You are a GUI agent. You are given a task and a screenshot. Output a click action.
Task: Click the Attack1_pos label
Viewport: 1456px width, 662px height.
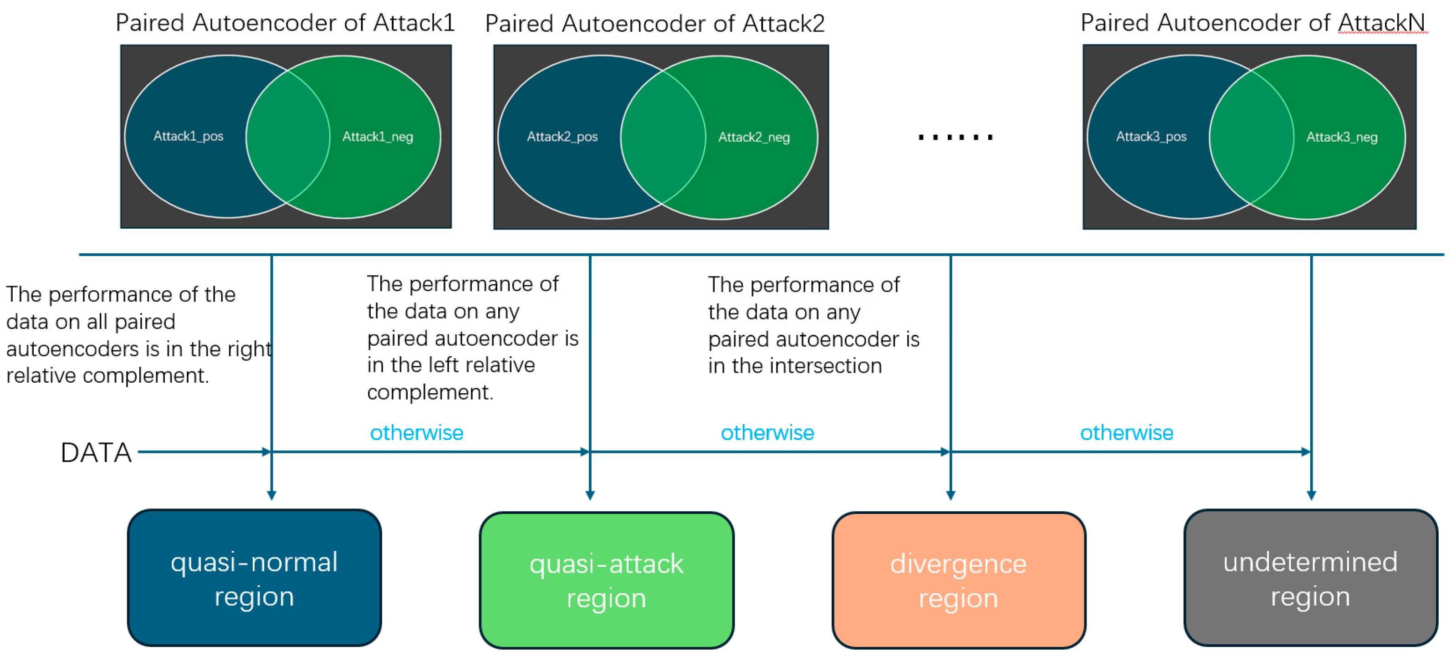(x=188, y=136)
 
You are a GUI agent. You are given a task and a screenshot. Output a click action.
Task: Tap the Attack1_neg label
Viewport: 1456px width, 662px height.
(x=378, y=137)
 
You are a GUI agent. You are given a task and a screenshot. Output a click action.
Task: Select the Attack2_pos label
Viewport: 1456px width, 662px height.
(x=562, y=137)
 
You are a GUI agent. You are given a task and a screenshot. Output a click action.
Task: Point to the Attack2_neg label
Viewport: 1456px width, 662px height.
(x=753, y=138)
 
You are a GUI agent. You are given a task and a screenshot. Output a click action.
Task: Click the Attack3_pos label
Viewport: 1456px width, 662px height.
(x=1151, y=137)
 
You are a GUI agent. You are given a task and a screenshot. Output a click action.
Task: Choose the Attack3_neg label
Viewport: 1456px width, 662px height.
(x=1341, y=138)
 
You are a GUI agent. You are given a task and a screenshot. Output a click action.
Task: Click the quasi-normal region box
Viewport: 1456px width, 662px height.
(x=254, y=578)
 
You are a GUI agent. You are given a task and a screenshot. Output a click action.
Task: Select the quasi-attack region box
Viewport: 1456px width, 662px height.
(x=607, y=580)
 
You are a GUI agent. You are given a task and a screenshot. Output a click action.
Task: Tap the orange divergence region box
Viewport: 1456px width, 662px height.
(x=959, y=580)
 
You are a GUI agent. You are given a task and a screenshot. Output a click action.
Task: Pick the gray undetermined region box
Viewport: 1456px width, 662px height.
(x=1310, y=578)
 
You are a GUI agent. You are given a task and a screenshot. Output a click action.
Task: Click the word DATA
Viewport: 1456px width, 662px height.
(x=96, y=453)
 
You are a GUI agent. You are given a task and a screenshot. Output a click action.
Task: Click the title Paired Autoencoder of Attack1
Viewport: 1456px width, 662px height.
(x=285, y=23)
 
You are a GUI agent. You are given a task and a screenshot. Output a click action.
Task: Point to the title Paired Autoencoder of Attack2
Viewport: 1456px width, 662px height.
(x=654, y=24)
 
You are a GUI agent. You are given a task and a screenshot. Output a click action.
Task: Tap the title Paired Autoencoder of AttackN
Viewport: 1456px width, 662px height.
(x=1252, y=23)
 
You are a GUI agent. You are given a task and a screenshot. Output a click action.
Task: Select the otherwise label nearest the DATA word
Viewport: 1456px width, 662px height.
(x=417, y=433)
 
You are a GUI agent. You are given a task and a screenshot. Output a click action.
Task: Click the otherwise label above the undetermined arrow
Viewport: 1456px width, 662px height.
(x=1126, y=433)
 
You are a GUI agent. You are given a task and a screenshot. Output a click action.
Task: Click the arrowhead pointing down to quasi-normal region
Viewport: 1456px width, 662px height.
(x=272, y=495)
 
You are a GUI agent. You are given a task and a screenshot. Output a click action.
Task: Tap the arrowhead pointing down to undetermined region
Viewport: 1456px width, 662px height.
(x=1311, y=495)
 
